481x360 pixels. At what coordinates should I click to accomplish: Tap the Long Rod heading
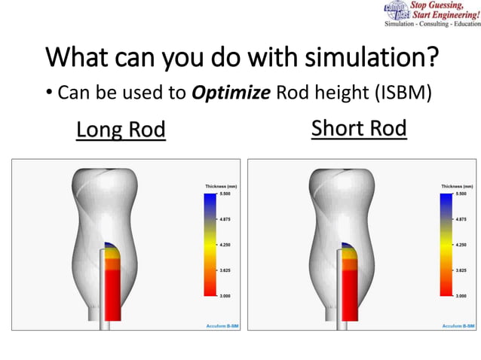121,130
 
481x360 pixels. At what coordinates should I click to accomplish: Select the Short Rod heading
359,129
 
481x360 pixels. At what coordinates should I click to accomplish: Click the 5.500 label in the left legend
225,194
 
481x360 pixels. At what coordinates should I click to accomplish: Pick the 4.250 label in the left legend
225,245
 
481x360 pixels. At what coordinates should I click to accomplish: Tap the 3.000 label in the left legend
225,296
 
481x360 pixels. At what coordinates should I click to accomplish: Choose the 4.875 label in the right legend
461,219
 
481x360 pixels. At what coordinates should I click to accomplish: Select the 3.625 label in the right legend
461,270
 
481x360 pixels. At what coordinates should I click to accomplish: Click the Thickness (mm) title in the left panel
221,185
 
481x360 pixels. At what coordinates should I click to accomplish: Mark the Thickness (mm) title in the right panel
457,185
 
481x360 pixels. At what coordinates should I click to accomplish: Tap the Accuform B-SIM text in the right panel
457,325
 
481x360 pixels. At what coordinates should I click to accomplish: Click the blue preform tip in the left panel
111,246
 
